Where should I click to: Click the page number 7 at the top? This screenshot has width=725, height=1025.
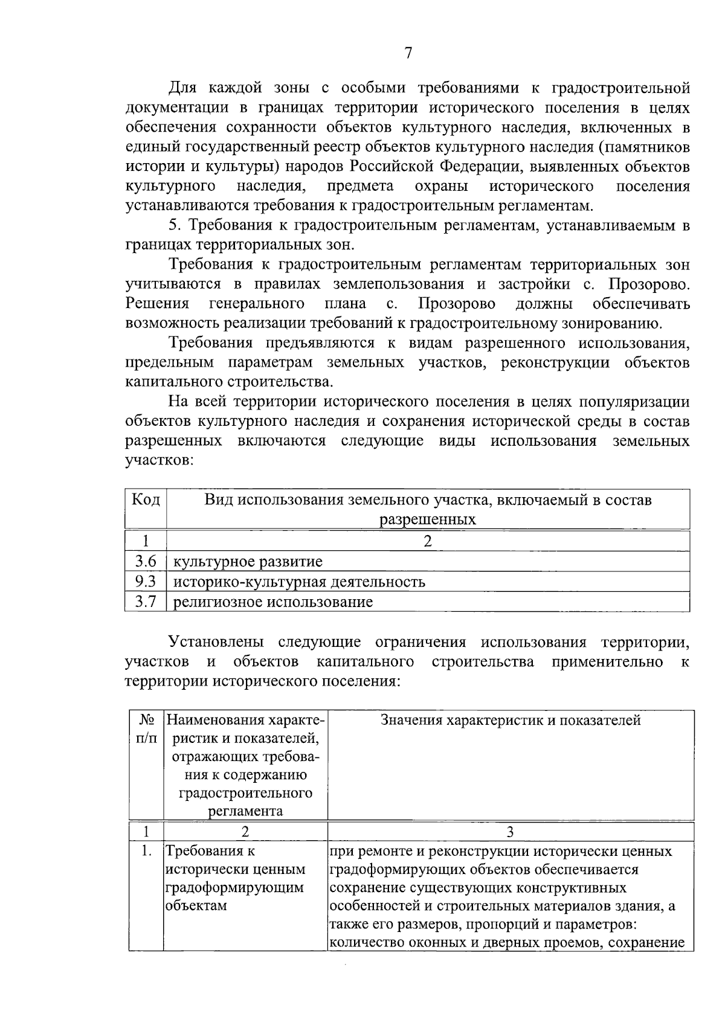(408, 53)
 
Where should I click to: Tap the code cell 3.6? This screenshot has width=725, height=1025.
(146, 562)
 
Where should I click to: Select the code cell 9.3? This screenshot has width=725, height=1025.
(146, 582)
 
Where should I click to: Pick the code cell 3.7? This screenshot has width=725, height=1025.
(146, 602)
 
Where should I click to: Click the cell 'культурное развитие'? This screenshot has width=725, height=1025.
(248, 562)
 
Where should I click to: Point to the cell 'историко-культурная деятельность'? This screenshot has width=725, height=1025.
(299, 582)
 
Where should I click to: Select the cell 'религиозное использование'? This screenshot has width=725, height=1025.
(273, 602)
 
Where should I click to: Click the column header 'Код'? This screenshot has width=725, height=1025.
(146, 500)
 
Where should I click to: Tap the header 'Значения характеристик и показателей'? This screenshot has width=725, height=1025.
(511, 720)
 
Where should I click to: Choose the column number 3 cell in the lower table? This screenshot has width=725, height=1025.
(510, 832)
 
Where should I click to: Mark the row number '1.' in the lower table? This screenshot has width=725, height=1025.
(146, 852)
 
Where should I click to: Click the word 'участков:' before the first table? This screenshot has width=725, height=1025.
(159, 461)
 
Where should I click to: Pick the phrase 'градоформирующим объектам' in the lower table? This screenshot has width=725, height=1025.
(234, 897)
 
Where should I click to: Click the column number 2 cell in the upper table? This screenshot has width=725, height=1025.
(428, 541)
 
